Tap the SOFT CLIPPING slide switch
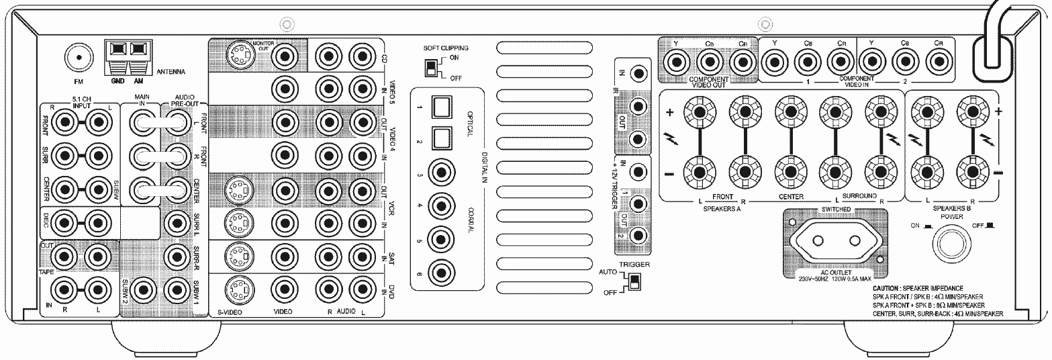[x=428, y=68]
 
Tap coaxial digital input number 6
[x=441, y=272]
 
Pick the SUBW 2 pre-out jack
[x=142, y=290]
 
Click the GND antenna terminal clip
[x=119, y=50]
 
